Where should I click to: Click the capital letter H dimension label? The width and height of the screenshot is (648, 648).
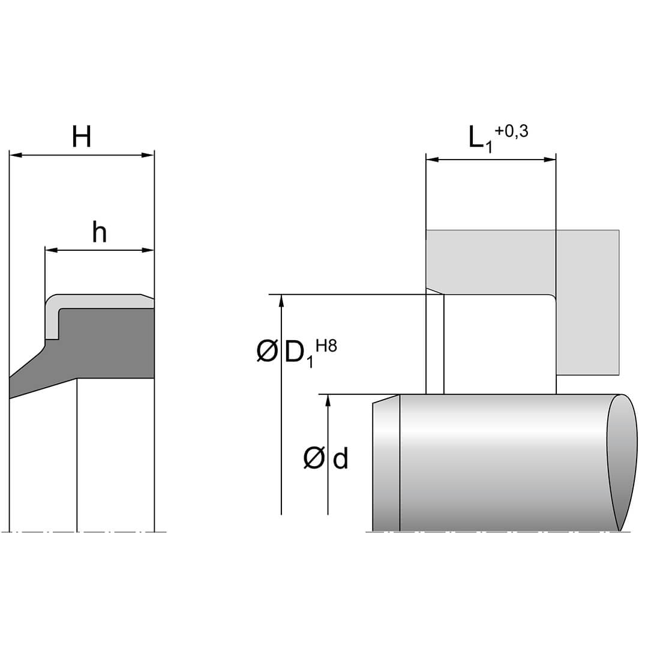(x=82, y=137)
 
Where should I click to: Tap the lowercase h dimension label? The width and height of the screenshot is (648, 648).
(x=100, y=232)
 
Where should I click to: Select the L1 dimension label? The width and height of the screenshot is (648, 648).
(x=481, y=139)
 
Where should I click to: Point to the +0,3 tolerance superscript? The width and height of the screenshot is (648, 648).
(x=512, y=131)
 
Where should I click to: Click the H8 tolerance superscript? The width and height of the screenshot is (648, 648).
(x=326, y=346)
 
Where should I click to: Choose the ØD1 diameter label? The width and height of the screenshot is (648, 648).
(x=285, y=353)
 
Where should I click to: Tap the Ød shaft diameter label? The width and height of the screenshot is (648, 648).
(x=326, y=458)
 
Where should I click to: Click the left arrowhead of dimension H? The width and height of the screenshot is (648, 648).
(x=15, y=155)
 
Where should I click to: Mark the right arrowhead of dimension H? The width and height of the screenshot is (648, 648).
(x=148, y=155)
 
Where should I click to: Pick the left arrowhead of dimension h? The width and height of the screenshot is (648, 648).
(x=51, y=250)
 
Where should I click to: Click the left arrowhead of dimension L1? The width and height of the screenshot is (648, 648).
(x=432, y=160)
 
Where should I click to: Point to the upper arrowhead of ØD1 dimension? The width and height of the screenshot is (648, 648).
(x=281, y=301)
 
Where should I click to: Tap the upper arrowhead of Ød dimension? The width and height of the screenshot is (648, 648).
(x=328, y=401)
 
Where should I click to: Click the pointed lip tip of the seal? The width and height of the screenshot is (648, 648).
(x=10, y=388)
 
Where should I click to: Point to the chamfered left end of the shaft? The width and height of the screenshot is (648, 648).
(x=386, y=463)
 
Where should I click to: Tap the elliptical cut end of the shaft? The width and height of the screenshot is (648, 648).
(x=622, y=462)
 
